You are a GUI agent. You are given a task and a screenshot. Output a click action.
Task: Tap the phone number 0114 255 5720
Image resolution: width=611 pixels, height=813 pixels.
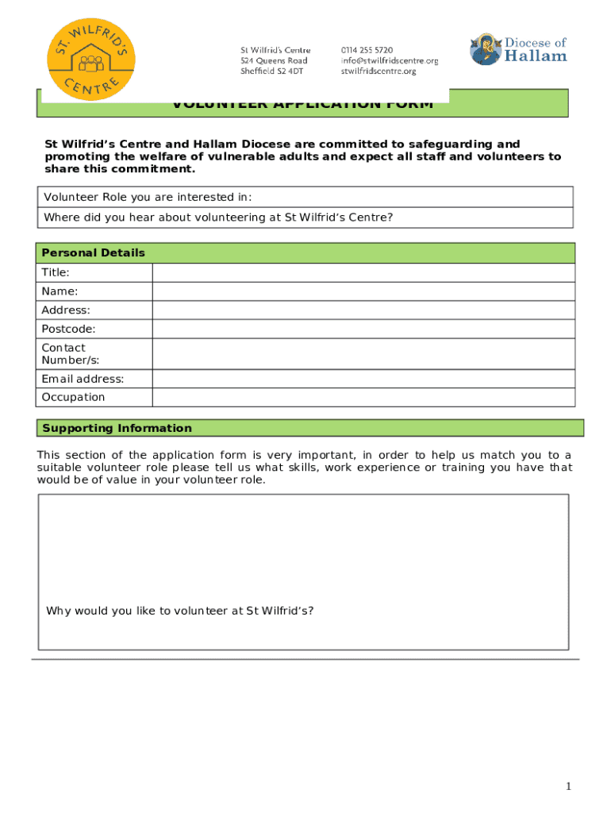tap(367, 49)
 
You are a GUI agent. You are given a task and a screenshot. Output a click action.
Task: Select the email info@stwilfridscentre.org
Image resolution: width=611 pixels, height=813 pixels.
tap(389, 60)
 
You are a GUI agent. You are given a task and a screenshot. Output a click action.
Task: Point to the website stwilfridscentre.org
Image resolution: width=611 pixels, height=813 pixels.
tap(378, 71)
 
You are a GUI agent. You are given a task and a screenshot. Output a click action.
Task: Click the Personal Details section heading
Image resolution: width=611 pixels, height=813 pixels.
tap(94, 253)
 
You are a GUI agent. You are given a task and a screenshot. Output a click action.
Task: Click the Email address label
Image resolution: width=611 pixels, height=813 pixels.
tap(83, 379)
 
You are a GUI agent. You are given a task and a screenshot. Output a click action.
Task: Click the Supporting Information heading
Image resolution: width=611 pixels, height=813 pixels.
tap(117, 429)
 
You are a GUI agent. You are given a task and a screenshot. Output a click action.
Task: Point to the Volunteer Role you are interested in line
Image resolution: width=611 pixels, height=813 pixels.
tap(148, 197)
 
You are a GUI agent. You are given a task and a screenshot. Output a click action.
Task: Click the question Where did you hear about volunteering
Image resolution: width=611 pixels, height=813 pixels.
tap(218, 218)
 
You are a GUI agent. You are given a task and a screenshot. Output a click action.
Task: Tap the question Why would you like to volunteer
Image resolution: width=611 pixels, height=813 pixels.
tap(179, 611)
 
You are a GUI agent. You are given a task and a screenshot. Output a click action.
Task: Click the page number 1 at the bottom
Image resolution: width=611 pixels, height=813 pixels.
tap(568, 786)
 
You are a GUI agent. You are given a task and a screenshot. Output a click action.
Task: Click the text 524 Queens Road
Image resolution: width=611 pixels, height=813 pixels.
tap(274, 60)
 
